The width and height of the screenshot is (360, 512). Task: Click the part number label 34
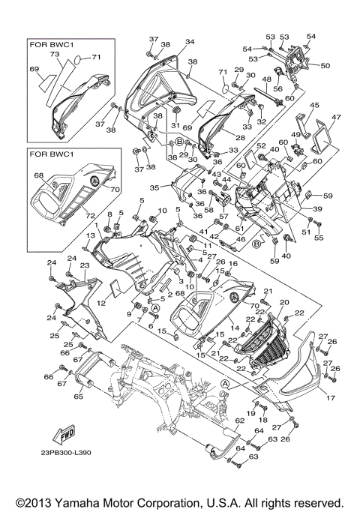189,41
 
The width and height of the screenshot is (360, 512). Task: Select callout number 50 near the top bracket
325,66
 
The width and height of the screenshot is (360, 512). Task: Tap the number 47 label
337,118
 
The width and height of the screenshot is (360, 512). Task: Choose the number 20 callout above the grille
283,302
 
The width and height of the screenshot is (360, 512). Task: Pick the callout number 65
78,397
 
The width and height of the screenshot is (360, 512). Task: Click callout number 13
89,235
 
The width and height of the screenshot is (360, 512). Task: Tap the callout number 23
85,265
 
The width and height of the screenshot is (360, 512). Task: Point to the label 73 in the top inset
54,55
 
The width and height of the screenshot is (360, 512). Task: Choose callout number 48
268,79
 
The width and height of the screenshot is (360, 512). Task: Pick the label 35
154,188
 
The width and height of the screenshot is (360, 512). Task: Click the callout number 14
235,328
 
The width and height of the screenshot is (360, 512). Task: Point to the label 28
241,138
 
